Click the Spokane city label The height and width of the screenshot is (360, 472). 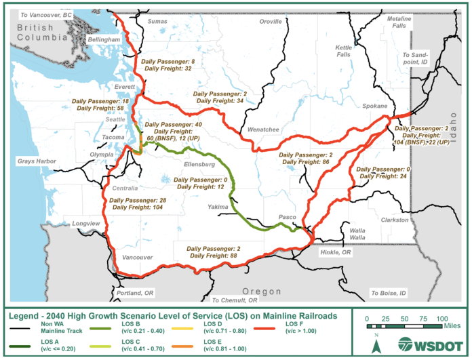(x=374, y=106)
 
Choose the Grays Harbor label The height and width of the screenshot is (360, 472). (x=35, y=161)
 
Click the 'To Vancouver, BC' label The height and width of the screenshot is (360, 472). (x=47, y=14)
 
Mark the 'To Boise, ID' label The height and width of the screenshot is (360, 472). (x=388, y=293)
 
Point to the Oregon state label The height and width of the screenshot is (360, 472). (x=262, y=291)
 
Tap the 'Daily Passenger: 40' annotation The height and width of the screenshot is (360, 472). (x=174, y=125)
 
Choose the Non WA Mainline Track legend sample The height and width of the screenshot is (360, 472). (x=25, y=327)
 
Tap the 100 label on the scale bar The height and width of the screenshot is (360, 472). (x=443, y=318)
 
